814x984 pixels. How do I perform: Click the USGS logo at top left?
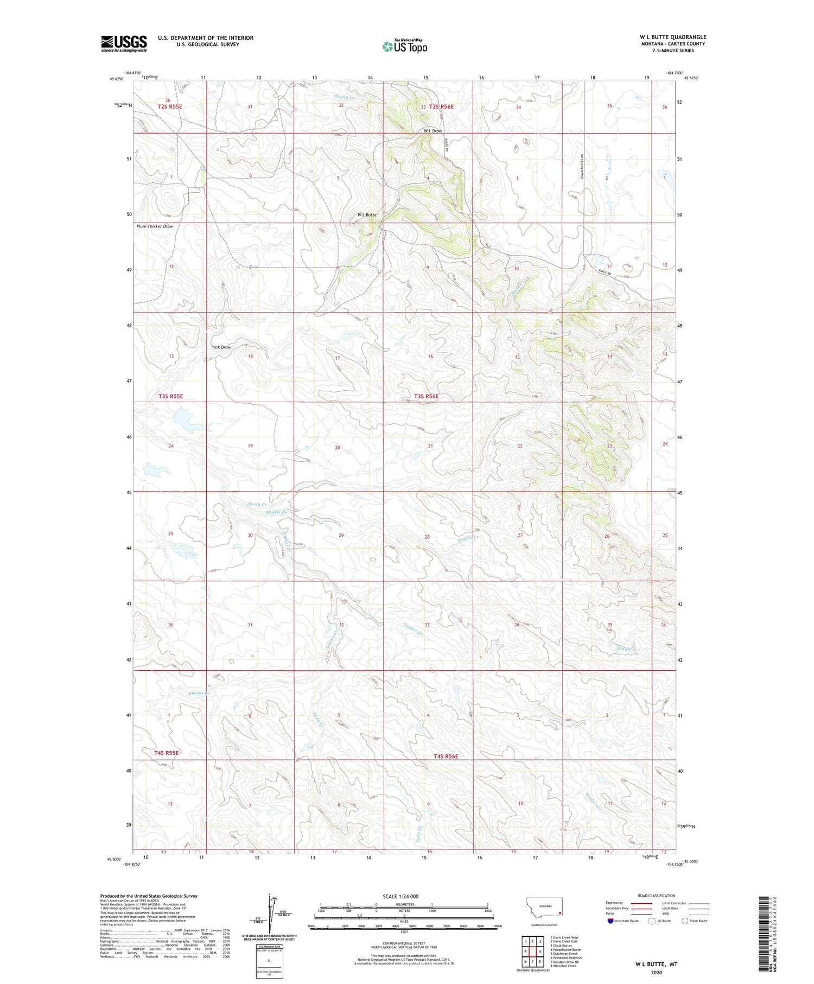pos(124,43)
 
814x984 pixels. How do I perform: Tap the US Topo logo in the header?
pos(405,47)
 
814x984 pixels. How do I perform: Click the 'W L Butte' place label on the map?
pos(367,215)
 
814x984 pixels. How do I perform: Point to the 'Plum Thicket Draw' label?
pos(155,226)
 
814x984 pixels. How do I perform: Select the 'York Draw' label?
pos(221,347)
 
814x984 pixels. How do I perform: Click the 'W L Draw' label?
pos(433,131)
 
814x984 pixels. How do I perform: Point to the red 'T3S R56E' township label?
pos(426,396)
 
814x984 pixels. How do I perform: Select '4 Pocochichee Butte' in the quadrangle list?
pos(565,950)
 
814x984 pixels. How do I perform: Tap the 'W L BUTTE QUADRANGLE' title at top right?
pos(672,37)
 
